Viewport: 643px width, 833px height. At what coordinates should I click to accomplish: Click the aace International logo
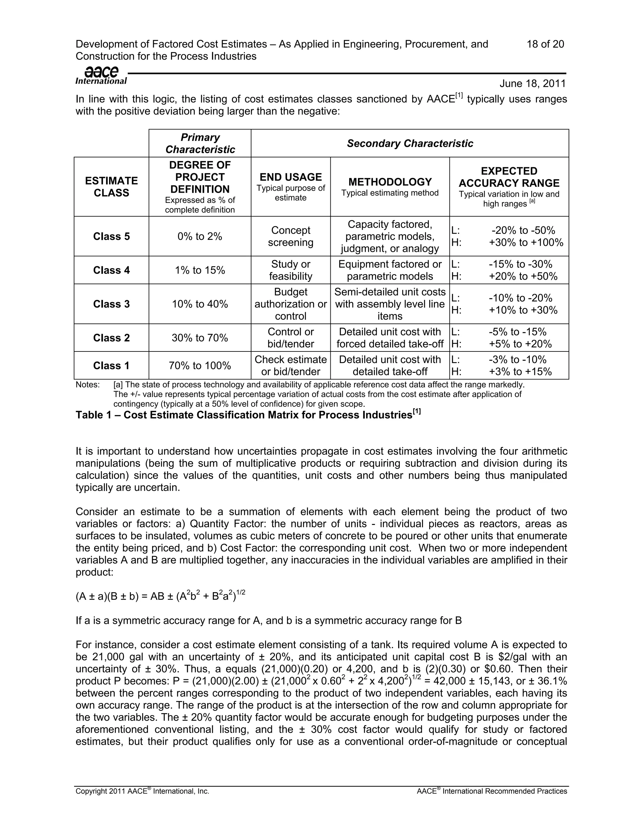[x=101, y=75]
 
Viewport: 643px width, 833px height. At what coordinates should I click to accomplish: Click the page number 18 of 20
[x=545, y=44]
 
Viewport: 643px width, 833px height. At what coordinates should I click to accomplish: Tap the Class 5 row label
[x=111, y=236]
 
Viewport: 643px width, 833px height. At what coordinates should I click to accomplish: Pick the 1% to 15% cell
[x=200, y=270]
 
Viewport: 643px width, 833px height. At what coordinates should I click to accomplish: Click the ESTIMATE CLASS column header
[x=111, y=186]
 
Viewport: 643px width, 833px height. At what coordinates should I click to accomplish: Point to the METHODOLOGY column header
[x=390, y=182]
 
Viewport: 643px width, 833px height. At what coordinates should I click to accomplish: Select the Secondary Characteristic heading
[x=409, y=143]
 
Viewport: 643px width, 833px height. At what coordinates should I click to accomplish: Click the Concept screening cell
[x=290, y=236]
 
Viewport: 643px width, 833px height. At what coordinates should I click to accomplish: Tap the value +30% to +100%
[x=526, y=243]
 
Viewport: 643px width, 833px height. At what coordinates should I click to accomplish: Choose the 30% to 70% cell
[x=200, y=338]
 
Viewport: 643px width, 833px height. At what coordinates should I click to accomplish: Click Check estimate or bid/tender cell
[x=290, y=365]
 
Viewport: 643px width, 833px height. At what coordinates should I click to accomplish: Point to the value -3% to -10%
[x=517, y=360]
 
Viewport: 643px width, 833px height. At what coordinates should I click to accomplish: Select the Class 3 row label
[x=111, y=304]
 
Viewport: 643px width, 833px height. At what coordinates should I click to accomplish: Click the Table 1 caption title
[x=248, y=415]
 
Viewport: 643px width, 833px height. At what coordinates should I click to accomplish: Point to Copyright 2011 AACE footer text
[x=143, y=792]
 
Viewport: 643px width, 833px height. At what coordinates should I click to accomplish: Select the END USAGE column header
[x=290, y=177]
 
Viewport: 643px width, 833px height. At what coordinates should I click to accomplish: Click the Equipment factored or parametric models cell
[x=390, y=270]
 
